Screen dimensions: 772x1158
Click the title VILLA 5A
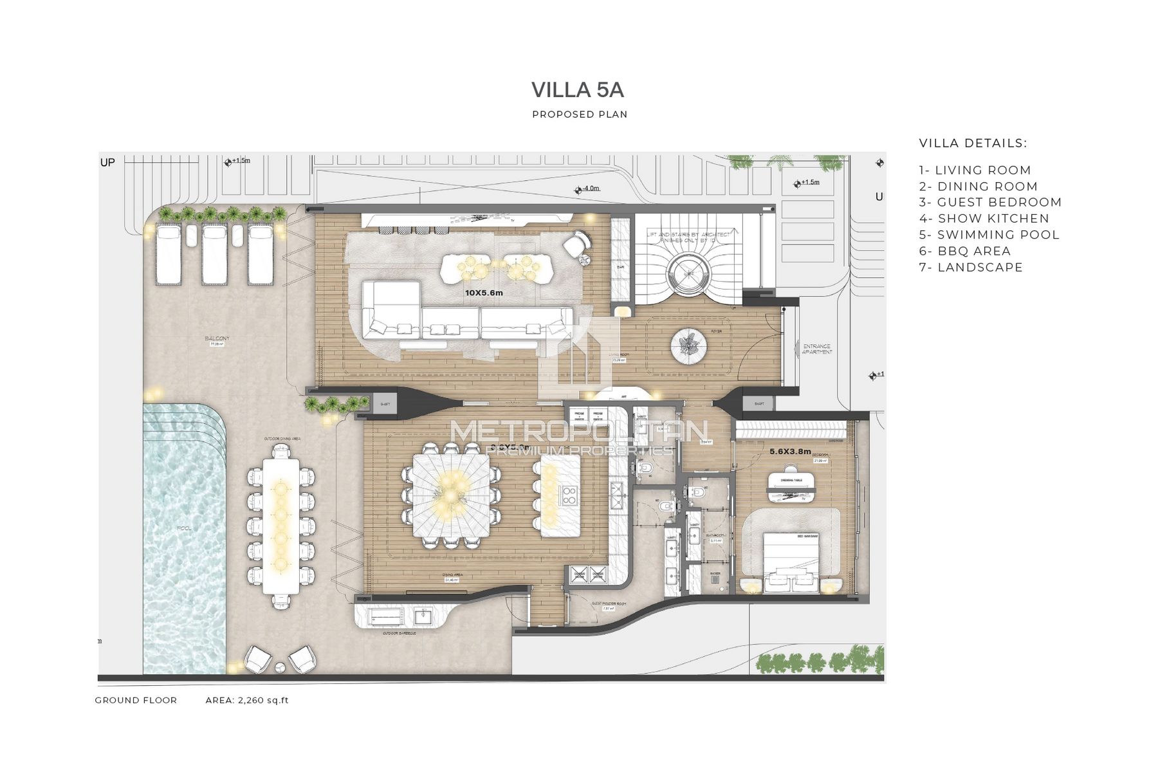click(578, 91)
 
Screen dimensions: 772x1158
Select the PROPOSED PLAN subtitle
click(580, 115)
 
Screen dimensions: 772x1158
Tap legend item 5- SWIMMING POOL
click(989, 235)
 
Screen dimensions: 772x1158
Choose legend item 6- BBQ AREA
click(964, 251)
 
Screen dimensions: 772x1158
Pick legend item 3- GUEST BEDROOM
click(990, 202)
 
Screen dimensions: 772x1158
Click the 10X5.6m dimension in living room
click(483, 293)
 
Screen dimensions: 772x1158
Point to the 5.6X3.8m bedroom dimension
click(790, 452)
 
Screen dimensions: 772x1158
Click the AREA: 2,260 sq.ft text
click(247, 701)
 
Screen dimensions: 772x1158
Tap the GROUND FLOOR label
click(136, 701)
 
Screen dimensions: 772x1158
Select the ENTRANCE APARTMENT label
click(817, 349)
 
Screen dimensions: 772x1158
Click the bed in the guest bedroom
click(791, 560)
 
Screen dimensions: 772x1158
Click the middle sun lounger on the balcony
click(214, 255)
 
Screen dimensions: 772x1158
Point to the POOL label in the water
click(184, 528)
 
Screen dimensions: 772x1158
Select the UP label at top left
click(107, 163)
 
